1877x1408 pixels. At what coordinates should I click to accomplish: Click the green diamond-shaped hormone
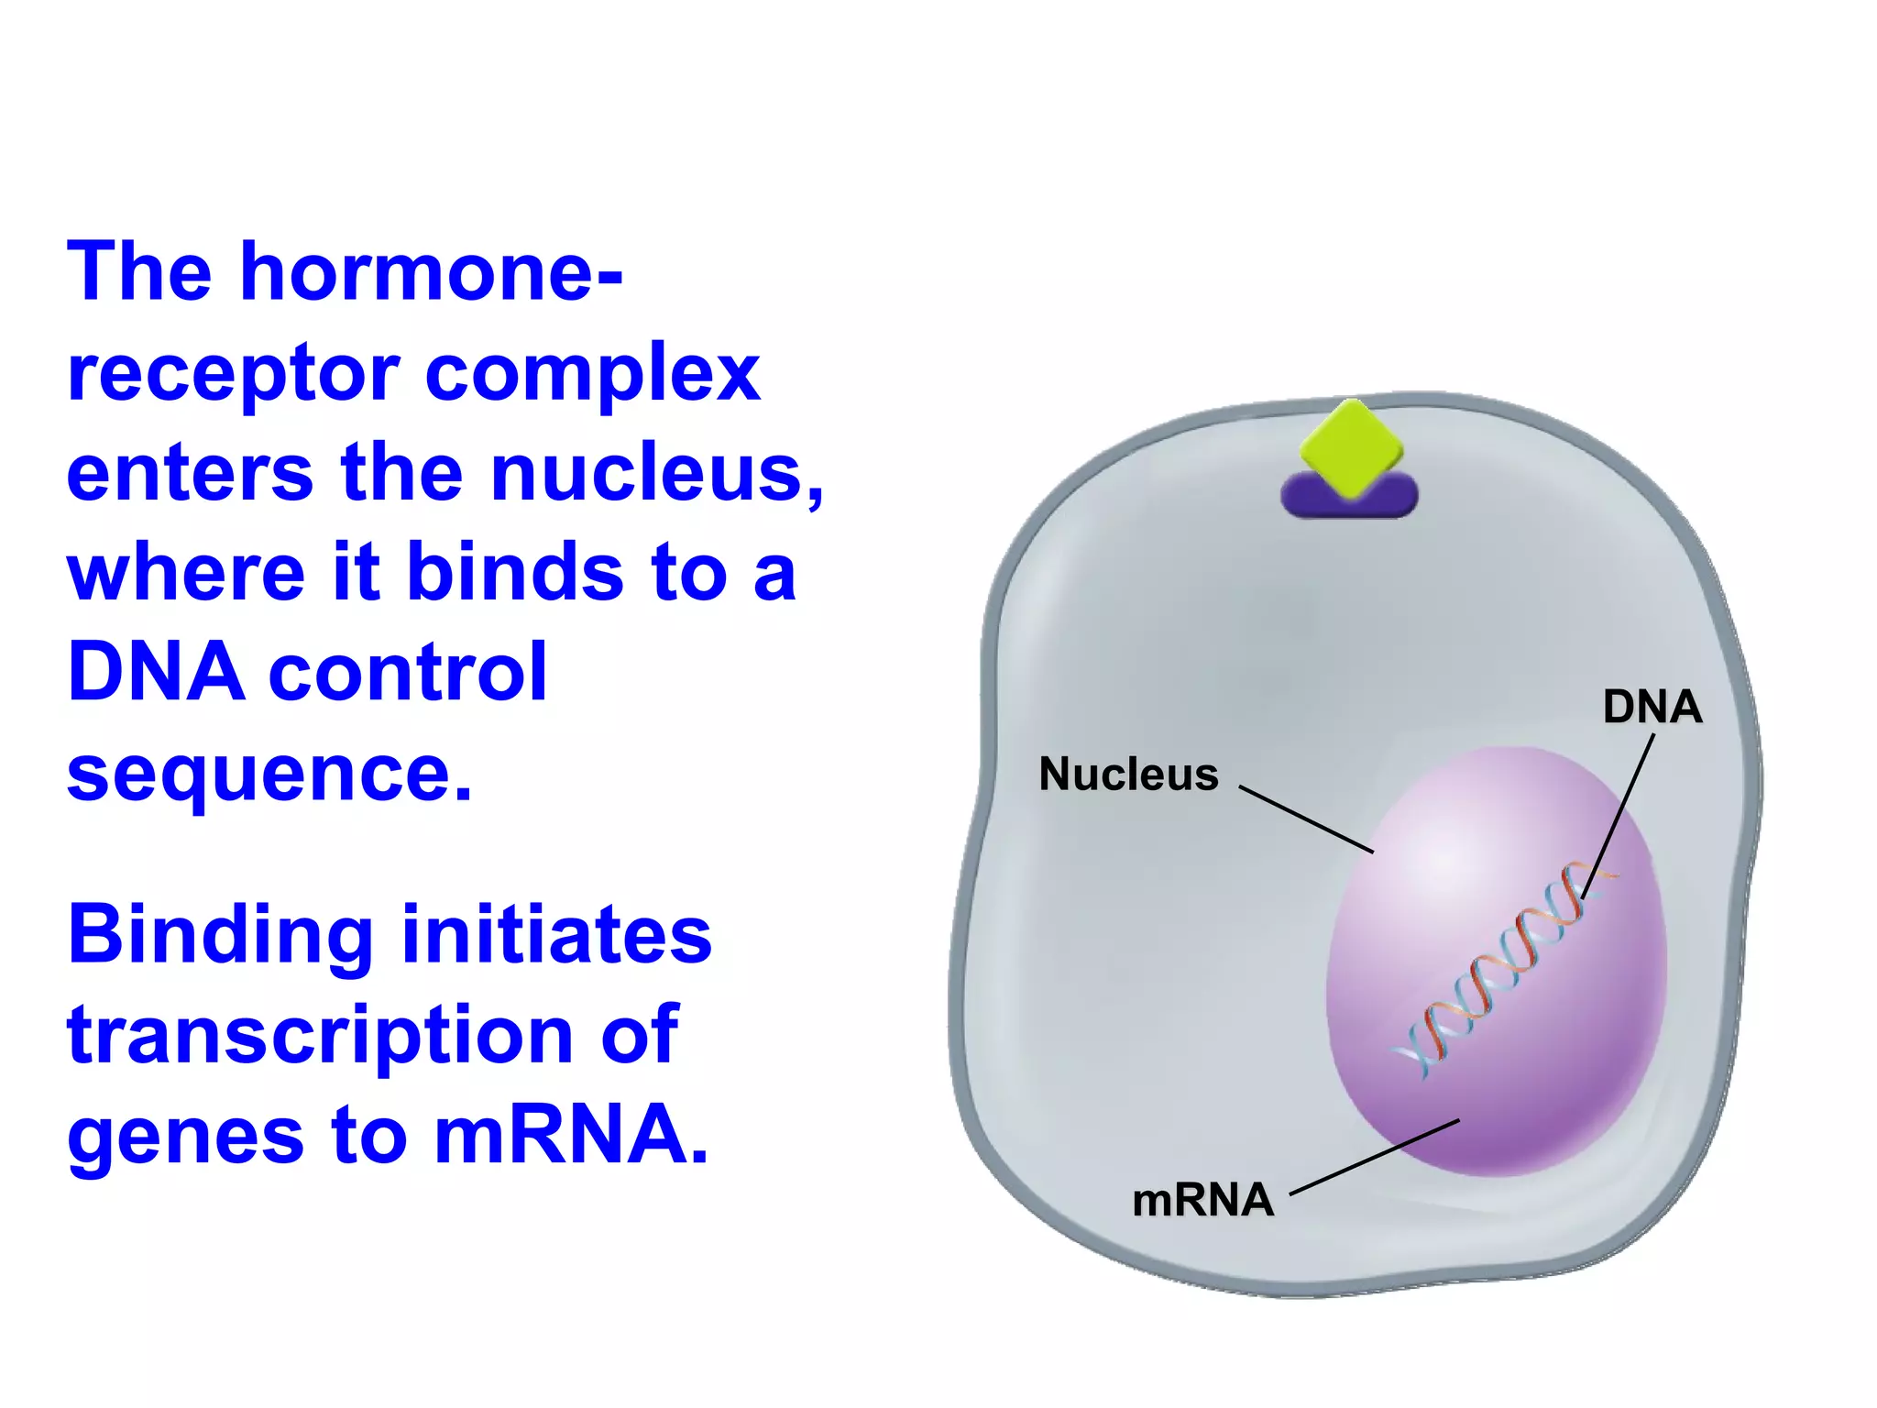pos(1351,447)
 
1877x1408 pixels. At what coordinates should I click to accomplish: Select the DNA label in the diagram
pos(1652,707)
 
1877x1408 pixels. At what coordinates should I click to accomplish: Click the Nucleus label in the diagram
pos(1128,775)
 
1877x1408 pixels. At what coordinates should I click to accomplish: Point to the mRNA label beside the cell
pos(1202,1200)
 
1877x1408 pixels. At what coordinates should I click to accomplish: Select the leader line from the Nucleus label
pos(1306,819)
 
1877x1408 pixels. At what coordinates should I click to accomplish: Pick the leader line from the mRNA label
pos(1375,1157)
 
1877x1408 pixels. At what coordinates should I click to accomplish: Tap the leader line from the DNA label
pos(1618,816)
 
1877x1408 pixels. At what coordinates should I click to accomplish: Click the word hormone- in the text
pos(431,272)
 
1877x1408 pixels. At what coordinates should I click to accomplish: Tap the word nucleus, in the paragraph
pos(657,474)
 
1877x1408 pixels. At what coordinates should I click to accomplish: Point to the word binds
pos(515,573)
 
